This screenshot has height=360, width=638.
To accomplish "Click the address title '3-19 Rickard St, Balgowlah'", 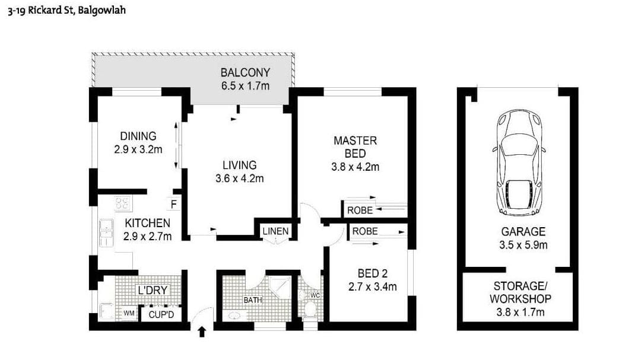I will pyautogui.click(x=66, y=10).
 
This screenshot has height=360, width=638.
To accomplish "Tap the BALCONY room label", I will pyautogui.click(x=245, y=73).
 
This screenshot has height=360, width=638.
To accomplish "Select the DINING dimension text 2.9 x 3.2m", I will pyautogui.click(x=138, y=150).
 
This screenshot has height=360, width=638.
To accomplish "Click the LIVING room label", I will pyautogui.click(x=240, y=165).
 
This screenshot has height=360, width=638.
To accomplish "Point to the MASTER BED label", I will pyautogui.click(x=355, y=147).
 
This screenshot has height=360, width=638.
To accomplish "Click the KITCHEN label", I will pyautogui.click(x=147, y=224).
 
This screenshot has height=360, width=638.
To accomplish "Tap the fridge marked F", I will pyautogui.click(x=174, y=205).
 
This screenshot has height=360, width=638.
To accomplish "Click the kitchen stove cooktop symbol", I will pyautogui.click(x=123, y=204).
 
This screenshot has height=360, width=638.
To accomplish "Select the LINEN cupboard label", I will pyautogui.click(x=275, y=231).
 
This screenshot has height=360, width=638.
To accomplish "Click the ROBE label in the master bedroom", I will pyautogui.click(x=360, y=210).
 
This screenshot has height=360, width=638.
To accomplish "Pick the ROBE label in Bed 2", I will pyautogui.click(x=364, y=231).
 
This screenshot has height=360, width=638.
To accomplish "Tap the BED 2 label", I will pyautogui.click(x=372, y=273).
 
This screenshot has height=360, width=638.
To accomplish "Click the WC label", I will pyautogui.click(x=315, y=295).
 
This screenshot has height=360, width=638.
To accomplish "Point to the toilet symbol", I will pyautogui.click(x=309, y=310).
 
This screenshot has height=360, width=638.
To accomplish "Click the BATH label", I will pyautogui.click(x=253, y=300).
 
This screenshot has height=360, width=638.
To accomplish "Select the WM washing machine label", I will pyautogui.click(x=129, y=313).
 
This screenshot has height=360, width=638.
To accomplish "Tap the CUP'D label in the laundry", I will pyautogui.click(x=161, y=314).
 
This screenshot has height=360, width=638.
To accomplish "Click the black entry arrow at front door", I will pyautogui.click(x=202, y=332).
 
